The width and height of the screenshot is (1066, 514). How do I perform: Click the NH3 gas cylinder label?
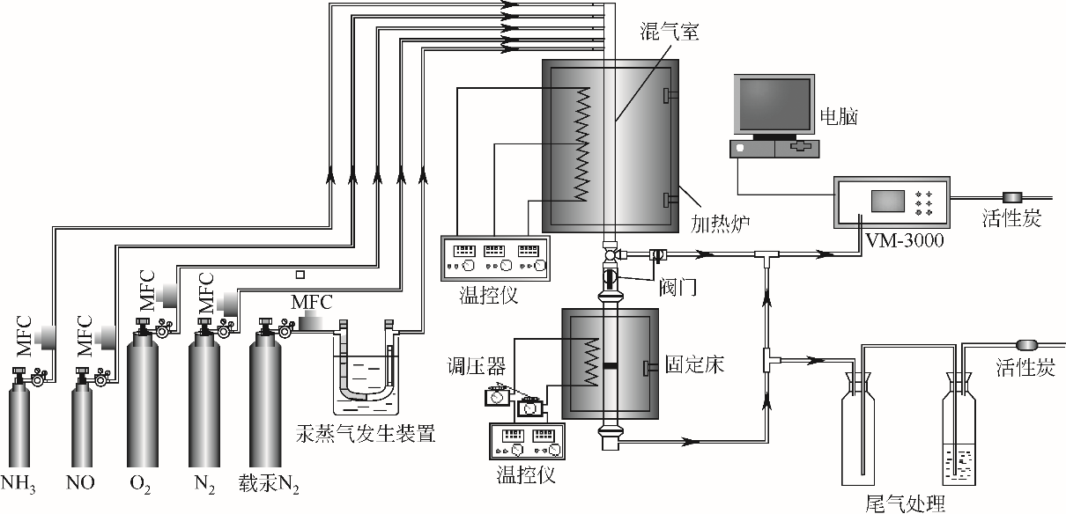click(x=19, y=484)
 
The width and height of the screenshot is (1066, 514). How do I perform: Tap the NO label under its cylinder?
click(x=80, y=482)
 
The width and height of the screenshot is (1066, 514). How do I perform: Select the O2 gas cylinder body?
click(x=143, y=400)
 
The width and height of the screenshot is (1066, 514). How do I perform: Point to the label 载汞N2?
click(x=269, y=484)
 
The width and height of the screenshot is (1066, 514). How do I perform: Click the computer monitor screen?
click(x=774, y=104)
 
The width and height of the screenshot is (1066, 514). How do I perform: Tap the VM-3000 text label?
click(x=904, y=240)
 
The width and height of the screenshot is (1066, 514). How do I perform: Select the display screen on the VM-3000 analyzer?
click(x=887, y=202)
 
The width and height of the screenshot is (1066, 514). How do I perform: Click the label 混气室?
click(x=670, y=32)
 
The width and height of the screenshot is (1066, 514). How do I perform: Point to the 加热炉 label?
click(x=721, y=223)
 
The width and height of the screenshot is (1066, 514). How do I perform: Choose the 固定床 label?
click(x=694, y=364)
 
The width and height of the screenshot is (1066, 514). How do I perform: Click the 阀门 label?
click(x=677, y=287)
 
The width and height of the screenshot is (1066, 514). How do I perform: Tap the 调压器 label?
click(x=476, y=366)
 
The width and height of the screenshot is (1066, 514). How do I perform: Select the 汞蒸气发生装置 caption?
click(x=366, y=434)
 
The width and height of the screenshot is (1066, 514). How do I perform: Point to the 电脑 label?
click(x=839, y=116)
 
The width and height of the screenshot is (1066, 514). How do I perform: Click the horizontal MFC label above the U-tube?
click(x=312, y=303)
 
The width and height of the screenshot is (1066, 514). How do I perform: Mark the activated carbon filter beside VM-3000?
click(x=1012, y=197)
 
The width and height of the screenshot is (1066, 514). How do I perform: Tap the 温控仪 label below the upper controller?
click(x=488, y=295)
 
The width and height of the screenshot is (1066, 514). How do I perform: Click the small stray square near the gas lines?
click(x=300, y=275)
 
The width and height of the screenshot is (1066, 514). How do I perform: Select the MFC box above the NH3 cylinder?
click(x=46, y=337)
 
